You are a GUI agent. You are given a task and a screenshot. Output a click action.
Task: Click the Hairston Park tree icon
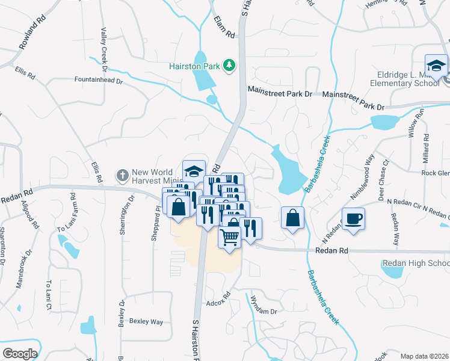[229, 64]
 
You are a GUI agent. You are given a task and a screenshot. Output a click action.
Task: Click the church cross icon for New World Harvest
[122, 175]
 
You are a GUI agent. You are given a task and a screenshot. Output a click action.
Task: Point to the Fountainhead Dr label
[98, 79]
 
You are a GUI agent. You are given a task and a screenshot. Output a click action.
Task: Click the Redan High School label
[416, 264]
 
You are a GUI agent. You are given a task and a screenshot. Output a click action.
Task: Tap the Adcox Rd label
[218, 298]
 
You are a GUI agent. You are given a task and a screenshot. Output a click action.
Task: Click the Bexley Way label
[146, 322]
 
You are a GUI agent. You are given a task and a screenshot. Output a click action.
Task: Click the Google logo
[20, 354]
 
